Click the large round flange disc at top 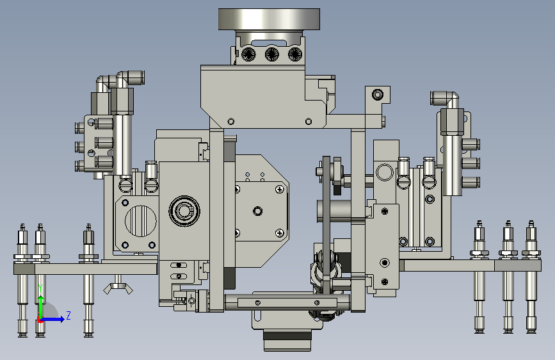coord(269,19)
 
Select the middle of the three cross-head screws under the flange coord(272,54)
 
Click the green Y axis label coord(40,288)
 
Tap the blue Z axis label coord(68,315)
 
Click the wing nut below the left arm coord(118,288)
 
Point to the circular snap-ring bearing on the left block coord(184,211)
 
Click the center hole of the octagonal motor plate coord(258,211)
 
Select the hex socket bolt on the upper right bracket coord(378,95)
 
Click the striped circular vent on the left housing coord(141,221)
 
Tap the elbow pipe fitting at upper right coord(446,99)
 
